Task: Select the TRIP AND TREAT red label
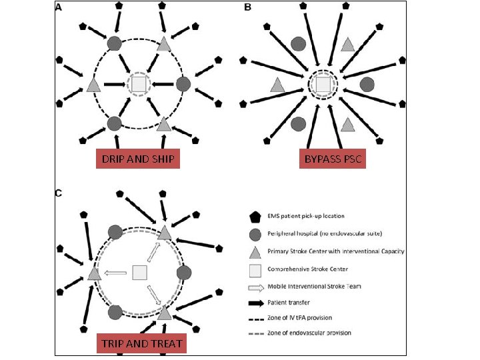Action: (x=141, y=344)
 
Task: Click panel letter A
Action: (x=59, y=8)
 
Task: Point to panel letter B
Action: (x=248, y=8)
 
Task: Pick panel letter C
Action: (x=59, y=193)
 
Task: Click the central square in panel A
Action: (x=138, y=84)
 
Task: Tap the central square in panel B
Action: (x=323, y=84)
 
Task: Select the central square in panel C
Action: (x=139, y=272)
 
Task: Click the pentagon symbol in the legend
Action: (x=254, y=217)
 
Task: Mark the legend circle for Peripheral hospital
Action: (x=254, y=234)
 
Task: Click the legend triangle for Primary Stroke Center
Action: (x=254, y=251)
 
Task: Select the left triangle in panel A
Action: (x=93, y=85)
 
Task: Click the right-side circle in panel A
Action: (x=183, y=84)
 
